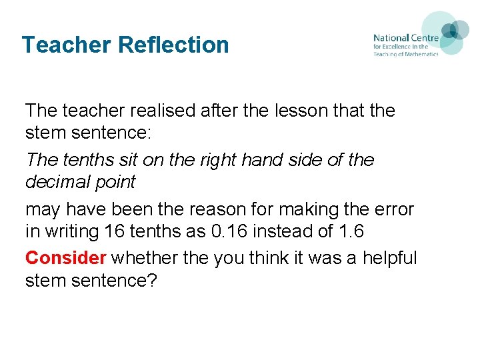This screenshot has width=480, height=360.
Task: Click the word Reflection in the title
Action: (173, 45)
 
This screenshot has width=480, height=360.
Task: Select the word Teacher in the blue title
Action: (67, 45)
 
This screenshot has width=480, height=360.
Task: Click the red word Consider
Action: (66, 257)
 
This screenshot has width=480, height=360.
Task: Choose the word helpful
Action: (390, 257)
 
